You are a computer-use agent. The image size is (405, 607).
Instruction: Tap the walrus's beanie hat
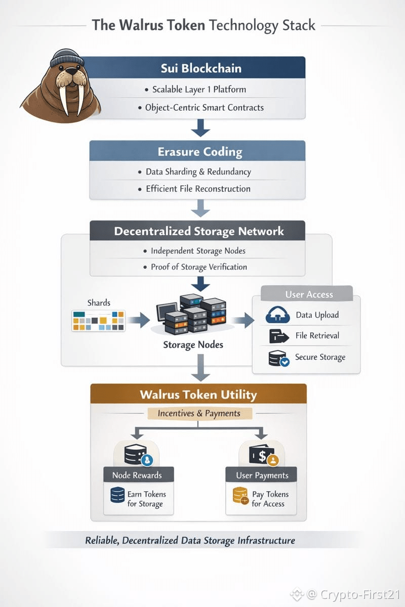coord(64,58)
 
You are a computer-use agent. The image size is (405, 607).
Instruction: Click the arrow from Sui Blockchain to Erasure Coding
coord(200,128)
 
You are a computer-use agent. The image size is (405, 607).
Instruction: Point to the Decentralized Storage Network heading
coord(199,231)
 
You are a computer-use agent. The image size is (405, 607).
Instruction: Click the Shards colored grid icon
coord(98,321)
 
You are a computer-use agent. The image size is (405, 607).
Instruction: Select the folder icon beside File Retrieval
coord(276,336)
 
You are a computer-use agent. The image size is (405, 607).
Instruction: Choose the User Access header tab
coord(309,294)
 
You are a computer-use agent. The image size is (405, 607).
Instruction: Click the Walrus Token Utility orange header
coord(198,394)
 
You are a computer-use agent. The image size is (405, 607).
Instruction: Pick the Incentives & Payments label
coord(198,413)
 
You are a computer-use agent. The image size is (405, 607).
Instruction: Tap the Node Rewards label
coord(138,475)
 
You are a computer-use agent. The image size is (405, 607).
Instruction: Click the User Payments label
coord(262,475)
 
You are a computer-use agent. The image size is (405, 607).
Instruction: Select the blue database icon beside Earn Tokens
coord(117,495)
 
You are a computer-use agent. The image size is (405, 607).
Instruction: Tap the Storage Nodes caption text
coord(193,345)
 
